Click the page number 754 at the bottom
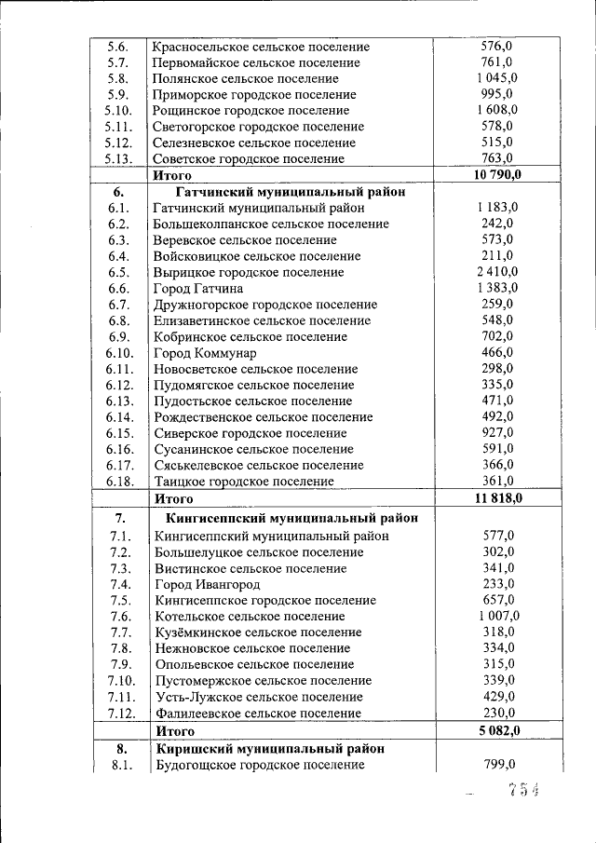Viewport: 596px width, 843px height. click(523, 791)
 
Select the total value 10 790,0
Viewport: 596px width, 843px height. click(497, 174)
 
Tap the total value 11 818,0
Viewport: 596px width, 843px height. click(497, 498)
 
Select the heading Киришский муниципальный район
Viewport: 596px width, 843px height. click(271, 748)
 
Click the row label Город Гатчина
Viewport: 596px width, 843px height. click(198, 289)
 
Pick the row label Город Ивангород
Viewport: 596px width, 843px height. click(208, 584)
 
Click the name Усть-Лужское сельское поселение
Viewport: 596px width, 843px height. click(260, 697)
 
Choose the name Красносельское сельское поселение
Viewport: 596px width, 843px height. click(262, 47)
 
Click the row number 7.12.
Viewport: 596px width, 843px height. click(121, 714)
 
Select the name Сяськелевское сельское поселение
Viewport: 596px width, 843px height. click(260, 465)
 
